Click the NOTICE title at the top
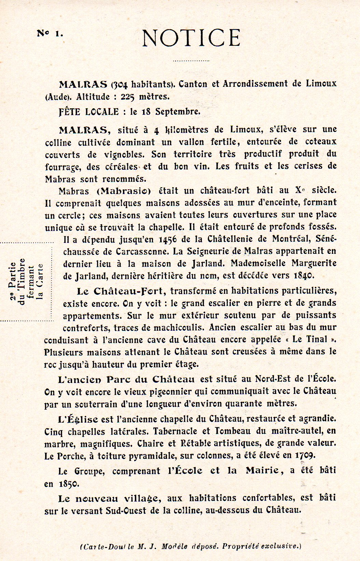[x=191, y=38]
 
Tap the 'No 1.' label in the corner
[x=50, y=33]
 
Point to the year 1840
[x=302, y=275]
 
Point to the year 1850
[x=69, y=484]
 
